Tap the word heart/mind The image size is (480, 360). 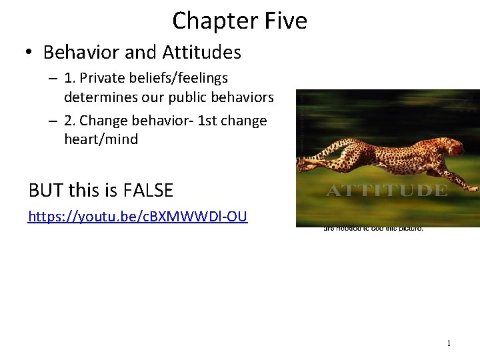101,139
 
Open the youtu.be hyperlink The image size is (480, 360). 137,217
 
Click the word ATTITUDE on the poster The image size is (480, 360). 386,191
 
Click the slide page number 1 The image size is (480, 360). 449,343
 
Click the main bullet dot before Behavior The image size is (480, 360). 31,52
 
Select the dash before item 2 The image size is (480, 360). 52,121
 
